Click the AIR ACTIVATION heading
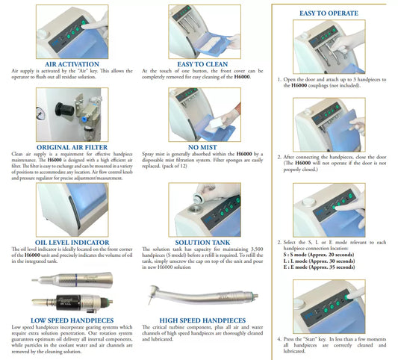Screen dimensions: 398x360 click(72, 64)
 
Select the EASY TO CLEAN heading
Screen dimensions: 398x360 click(202, 64)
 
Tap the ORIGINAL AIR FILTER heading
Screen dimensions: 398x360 click(72, 147)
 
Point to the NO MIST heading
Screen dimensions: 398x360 click(202, 147)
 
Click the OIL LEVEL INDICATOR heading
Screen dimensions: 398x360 click(72, 243)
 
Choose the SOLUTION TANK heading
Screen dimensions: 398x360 click(202, 243)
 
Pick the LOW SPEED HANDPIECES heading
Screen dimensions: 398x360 click(72, 320)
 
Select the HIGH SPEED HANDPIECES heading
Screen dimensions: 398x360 click(202, 320)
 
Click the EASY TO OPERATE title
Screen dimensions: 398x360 click(329, 13)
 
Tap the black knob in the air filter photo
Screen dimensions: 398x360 click(64, 110)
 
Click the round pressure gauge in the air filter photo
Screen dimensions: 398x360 click(41, 114)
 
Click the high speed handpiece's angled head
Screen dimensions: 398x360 click(155, 294)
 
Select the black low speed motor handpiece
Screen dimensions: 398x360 click(72, 302)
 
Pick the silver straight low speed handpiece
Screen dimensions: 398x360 click(72, 280)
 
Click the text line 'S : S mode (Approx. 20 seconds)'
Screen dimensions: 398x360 click(319, 255)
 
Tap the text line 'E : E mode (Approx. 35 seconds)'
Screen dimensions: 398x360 click(319, 267)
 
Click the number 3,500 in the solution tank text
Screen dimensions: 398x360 click(257, 249)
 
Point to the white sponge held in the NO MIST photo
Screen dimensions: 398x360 click(215, 124)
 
